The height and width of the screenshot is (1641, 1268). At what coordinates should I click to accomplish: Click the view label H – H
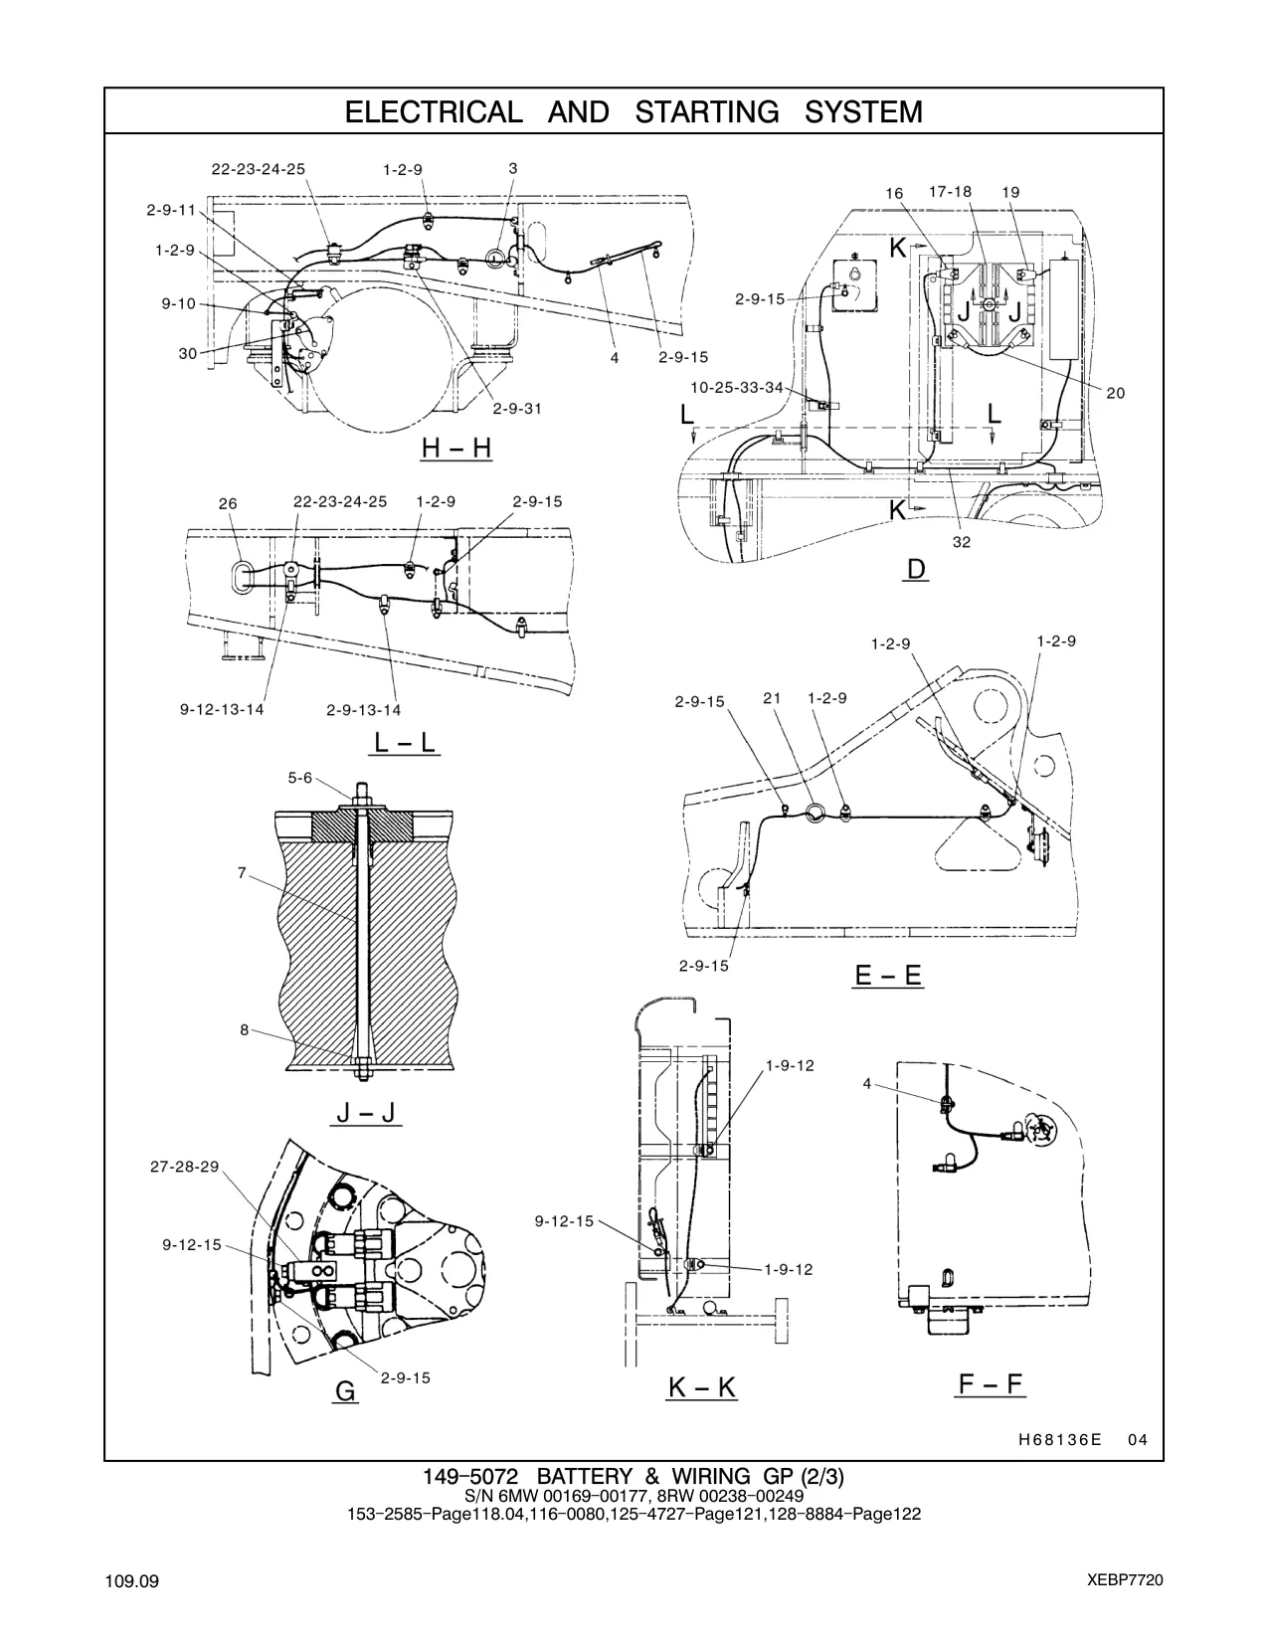(x=456, y=448)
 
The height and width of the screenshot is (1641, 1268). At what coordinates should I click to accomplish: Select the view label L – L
(x=405, y=742)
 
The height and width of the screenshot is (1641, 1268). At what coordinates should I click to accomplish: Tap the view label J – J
(x=366, y=1112)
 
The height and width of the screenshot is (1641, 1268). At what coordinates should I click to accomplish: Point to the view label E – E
(x=888, y=975)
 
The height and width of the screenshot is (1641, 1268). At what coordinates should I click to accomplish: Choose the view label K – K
(x=701, y=1388)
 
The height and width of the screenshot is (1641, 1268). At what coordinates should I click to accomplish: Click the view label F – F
(x=991, y=1384)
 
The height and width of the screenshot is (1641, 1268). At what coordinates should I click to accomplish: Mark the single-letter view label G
(x=345, y=1391)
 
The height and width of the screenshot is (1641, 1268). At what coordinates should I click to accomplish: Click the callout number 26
(x=228, y=503)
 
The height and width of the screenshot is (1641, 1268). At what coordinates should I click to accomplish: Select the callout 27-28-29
(x=184, y=1167)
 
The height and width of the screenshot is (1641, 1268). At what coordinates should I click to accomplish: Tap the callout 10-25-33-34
(x=737, y=388)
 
